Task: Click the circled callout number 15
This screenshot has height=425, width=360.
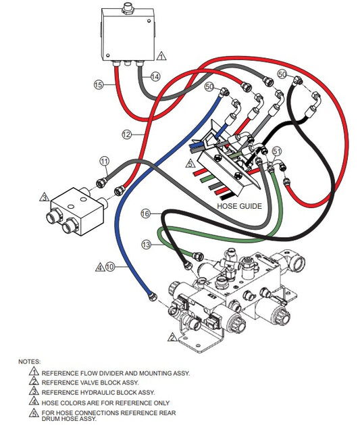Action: pyautogui.click(x=99, y=84)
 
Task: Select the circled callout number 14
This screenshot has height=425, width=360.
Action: pyautogui.click(x=155, y=77)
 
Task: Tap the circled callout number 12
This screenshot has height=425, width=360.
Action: pyautogui.click(x=127, y=134)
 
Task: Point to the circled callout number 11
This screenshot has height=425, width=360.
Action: pyautogui.click(x=105, y=161)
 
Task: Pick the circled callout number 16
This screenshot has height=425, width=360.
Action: pyautogui.click(x=145, y=214)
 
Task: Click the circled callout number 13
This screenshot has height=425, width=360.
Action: pyautogui.click(x=146, y=245)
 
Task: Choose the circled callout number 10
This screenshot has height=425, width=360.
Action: pyautogui.click(x=110, y=267)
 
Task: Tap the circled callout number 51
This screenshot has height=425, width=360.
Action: pyautogui.click(x=276, y=151)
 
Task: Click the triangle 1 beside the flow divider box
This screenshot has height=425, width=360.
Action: pyautogui.click(x=161, y=56)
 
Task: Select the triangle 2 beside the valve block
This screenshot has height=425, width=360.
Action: pyautogui.click(x=172, y=337)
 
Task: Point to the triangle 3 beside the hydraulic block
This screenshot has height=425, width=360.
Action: pyautogui.click(x=44, y=197)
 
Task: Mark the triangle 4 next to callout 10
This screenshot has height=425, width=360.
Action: pyautogui.click(x=100, y=268)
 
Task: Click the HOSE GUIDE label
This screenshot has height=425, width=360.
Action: pyautogui.click(x=240, y=206)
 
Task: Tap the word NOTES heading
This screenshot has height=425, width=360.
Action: pyautogui.click(x=29, y=361)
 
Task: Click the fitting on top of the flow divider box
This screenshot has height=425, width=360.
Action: pyautogui.click(x=128, y=7)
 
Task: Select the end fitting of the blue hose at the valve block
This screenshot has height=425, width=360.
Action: pyautogui.click(x=153, y=296)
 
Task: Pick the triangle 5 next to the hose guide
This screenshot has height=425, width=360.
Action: pyautogui.click(x=190, y=164)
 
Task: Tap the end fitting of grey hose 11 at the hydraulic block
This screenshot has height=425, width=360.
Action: pyautogui.click(x=101, y=183)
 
